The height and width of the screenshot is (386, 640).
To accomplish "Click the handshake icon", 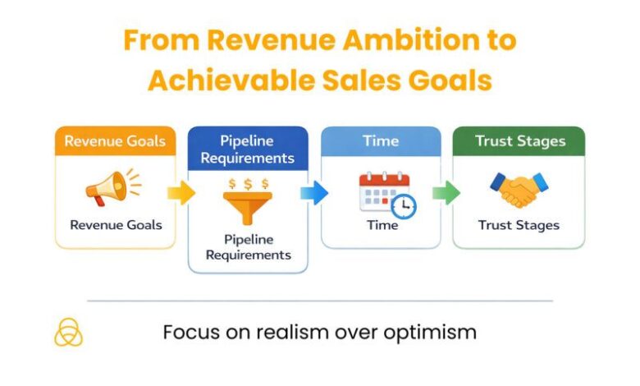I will [519, 190].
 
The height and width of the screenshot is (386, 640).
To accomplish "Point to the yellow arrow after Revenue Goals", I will [181, 193].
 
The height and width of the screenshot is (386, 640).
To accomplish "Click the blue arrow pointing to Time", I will [314, 193].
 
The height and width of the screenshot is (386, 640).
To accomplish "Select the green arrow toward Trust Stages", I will [446, 193].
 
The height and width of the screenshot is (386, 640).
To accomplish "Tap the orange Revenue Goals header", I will [115, 140].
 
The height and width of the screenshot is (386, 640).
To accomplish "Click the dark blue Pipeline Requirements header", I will [247, 148].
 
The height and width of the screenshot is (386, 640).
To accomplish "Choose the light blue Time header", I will [381, 140].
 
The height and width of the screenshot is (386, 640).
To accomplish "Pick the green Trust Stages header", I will [519, 140].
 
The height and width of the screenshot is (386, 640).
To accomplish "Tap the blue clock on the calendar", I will [405, 206].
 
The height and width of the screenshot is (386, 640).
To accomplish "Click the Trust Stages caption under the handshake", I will [519, 225].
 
